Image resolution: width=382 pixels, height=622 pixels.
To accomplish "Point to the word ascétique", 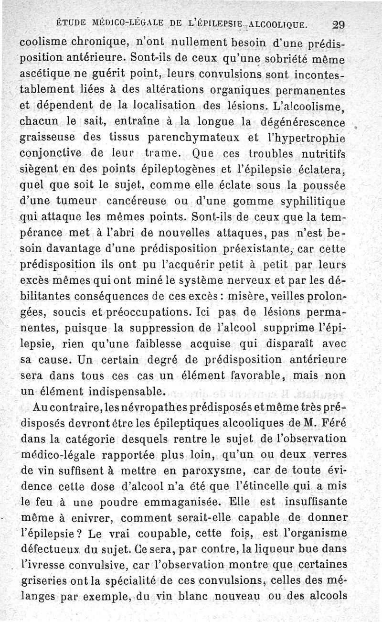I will [x=46, y=75].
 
